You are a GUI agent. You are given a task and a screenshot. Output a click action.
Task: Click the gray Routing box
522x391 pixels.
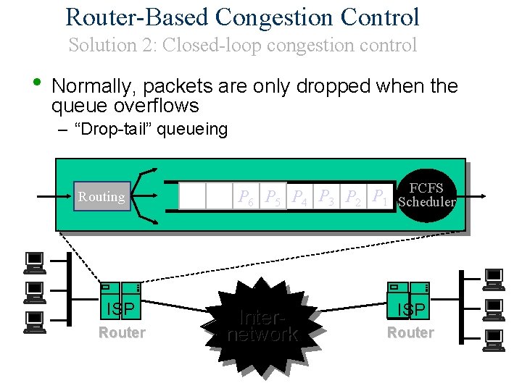click(x=101, y=196)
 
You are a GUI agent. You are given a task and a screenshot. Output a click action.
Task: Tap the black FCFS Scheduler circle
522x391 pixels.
click(x=427, y=195)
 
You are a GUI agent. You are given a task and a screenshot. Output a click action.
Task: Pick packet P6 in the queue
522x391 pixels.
click(x=246, y=196)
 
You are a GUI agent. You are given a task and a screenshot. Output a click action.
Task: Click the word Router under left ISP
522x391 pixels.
click(x=122, y=332)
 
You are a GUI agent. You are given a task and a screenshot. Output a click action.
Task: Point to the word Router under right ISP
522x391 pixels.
click(x=410, y=332)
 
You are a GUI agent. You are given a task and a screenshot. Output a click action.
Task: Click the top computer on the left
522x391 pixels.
click(x=34, y=261)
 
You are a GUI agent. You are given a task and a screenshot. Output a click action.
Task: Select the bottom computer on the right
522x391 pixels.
click(x=494, y=338)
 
